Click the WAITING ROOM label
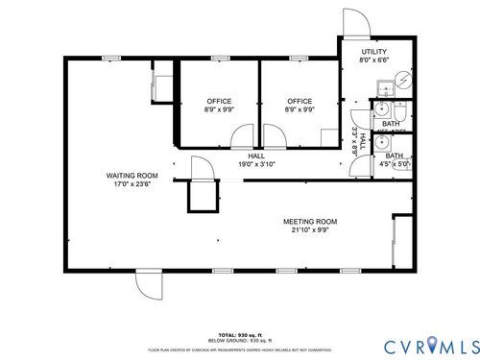132,176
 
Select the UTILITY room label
374,51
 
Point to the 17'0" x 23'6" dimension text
132,183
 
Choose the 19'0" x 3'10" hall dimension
256,164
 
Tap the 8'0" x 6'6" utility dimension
374,60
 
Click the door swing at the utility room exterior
354,23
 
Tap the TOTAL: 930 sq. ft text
239,334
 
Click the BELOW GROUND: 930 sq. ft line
239,340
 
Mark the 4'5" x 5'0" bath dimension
395,164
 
